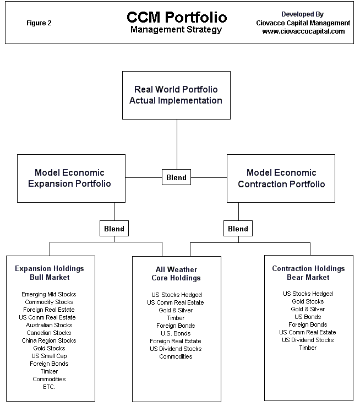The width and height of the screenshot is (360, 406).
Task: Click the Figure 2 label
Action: (x=39, y=23)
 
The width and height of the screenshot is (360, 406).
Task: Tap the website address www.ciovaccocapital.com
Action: (x=303, y=31)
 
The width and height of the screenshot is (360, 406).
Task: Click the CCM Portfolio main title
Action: (x=177, y=17)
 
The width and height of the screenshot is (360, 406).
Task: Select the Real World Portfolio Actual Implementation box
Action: (x=176, y=95)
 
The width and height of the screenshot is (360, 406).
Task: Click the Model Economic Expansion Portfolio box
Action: (x=71, y=178)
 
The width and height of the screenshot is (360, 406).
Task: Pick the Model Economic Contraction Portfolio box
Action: (x=281, y=178)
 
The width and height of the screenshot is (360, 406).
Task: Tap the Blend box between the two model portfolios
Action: (x=176, y=177)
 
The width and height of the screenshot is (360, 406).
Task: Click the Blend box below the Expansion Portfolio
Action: (x=114, y=229)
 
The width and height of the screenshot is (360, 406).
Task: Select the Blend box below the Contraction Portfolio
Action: (x=238, y=229)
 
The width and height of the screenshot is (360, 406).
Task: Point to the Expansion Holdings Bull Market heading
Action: (x=50, y=273)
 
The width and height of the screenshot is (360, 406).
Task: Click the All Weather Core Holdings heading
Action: (x=176, y=274)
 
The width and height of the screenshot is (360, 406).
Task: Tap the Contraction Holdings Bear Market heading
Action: (x=308, y=273)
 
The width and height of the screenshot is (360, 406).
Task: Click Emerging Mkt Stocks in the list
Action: (x=49, y=294)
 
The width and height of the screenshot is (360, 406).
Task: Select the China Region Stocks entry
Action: (x=49, y=340)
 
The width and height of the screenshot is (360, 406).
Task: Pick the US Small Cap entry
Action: (x=49, y=356)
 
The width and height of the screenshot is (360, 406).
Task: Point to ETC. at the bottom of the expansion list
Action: (x=49, y=387)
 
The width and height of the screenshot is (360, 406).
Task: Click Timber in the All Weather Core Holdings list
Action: (x=176, y=318)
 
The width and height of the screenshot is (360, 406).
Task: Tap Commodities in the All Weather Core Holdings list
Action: (x=176, y=356)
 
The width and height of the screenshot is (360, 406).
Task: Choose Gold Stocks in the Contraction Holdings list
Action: (x=308, y=301)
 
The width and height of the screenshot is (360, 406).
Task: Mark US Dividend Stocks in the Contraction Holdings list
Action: (x=308, y=340)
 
